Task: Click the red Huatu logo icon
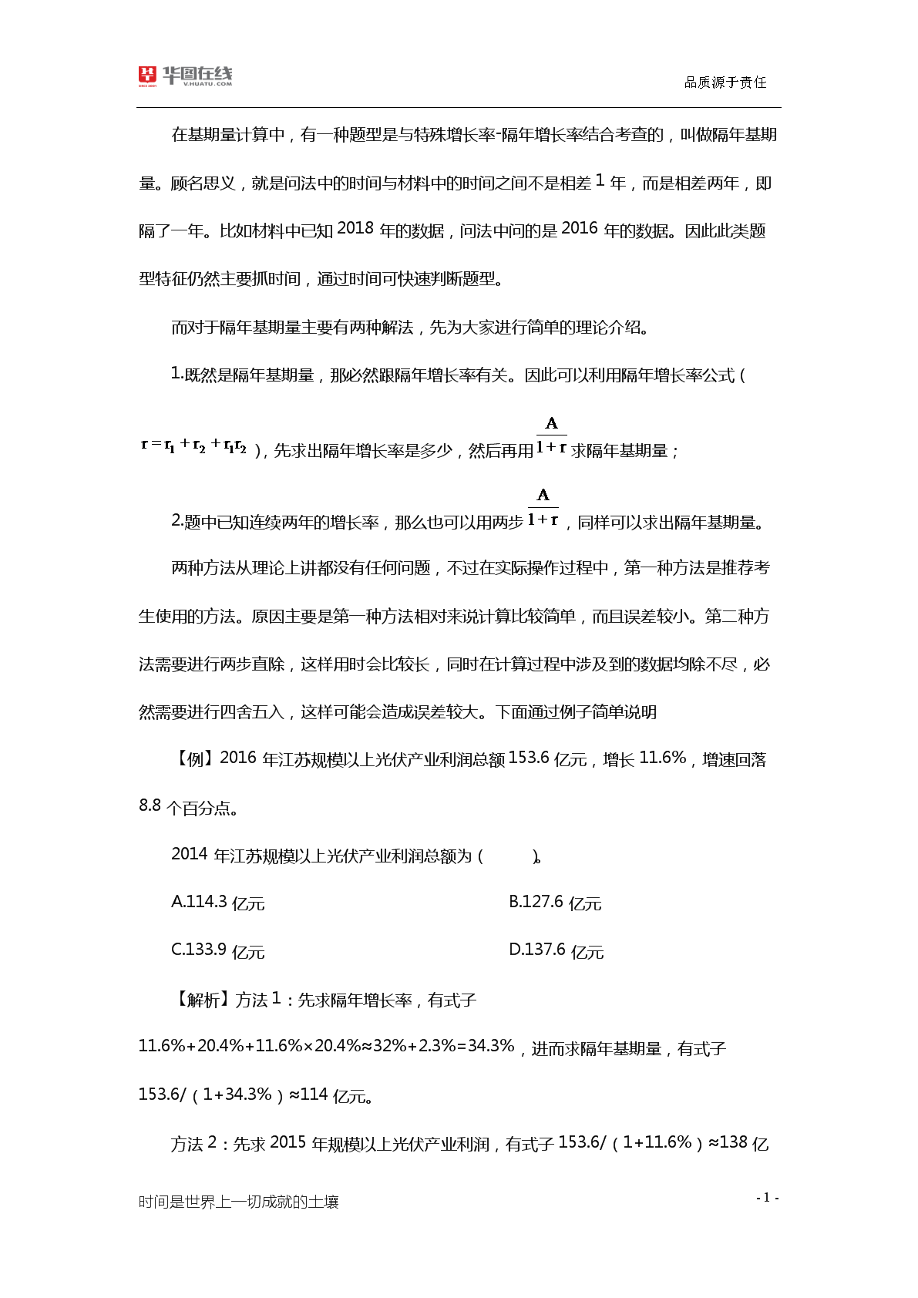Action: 147,75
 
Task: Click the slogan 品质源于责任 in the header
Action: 725,82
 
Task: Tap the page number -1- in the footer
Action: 767,1197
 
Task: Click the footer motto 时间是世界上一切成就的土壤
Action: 238,1202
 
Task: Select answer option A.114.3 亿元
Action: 217,903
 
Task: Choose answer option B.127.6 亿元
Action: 555,903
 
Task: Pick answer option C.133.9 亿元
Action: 217,950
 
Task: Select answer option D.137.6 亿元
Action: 556,950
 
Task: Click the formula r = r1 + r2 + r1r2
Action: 193,446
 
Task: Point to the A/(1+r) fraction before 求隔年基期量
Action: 552,435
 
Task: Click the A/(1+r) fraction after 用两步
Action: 543,507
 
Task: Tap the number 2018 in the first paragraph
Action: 355,229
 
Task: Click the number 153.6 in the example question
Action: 529,758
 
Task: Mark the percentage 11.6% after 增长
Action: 662,758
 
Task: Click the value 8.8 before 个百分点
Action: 150,806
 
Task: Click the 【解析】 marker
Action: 200,1000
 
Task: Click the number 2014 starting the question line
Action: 190,855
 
